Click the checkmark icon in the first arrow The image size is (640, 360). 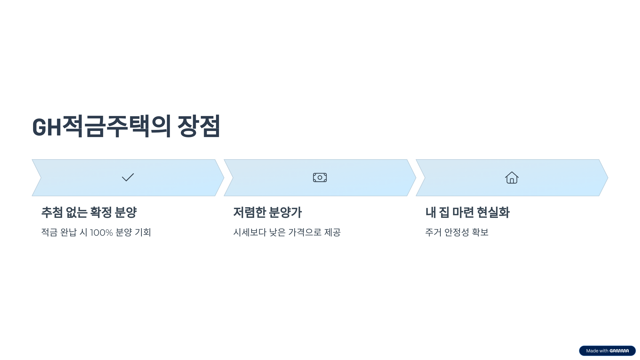coord(128,177)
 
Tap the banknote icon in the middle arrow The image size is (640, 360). coord(320,177)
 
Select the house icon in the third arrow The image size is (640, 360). coord(512,178)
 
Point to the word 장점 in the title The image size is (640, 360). coord(199,126)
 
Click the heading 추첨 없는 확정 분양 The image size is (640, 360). coord(89,212)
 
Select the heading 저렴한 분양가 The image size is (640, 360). coord(267,212)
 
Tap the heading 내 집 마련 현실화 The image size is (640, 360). coord(467,212)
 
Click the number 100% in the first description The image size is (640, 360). coord(101,233)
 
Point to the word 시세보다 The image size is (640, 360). coord(250,232)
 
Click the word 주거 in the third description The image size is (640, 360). coord(433,232)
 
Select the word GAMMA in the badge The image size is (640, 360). coord(619,351)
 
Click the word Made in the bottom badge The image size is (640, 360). coord(592,351)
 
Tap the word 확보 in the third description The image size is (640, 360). coord(480,232)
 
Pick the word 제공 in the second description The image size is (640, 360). coord(332,232)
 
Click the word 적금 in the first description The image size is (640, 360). coord(49,232)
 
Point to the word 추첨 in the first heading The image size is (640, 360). coord(52,212)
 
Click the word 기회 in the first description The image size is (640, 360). coord(143,232)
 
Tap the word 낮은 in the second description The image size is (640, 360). coord(277,232)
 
